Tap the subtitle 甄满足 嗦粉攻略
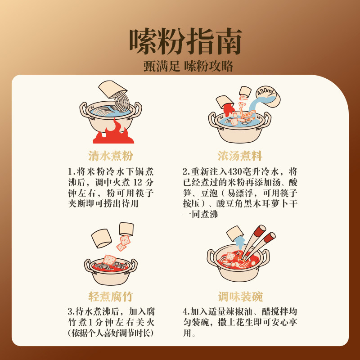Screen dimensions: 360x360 [185, 66]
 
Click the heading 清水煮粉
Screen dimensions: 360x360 [110, 156]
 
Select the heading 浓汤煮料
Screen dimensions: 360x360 [239, 156]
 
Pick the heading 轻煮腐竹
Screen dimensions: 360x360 [110, 297]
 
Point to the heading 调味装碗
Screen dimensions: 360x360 [240, 297]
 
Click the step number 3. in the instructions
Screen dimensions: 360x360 [71, 311]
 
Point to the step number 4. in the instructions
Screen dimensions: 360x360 [186, 311]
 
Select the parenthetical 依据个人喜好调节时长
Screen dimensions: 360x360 [110, 333]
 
